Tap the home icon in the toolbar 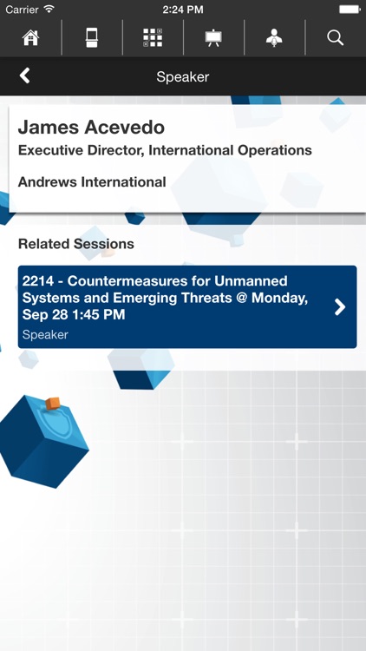coord(30,37)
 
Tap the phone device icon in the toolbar coord(91,37)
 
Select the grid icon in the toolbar coord(153,37)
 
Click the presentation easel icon coord(213,37)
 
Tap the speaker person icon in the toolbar coord(274,37)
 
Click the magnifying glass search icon coord(335,37)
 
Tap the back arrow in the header coord(24,76)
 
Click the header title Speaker coord(182,76)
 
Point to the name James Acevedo coord(91,128)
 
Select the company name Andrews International coord(92,182)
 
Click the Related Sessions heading coord(76,244)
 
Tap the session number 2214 coord(39,281)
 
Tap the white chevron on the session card coord(340,306)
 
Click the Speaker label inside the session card coord(45,334)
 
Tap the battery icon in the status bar coord(349,9)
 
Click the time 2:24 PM coord(182,9)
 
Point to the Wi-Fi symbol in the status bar coord(49,9)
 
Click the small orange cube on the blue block coord(53,403)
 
